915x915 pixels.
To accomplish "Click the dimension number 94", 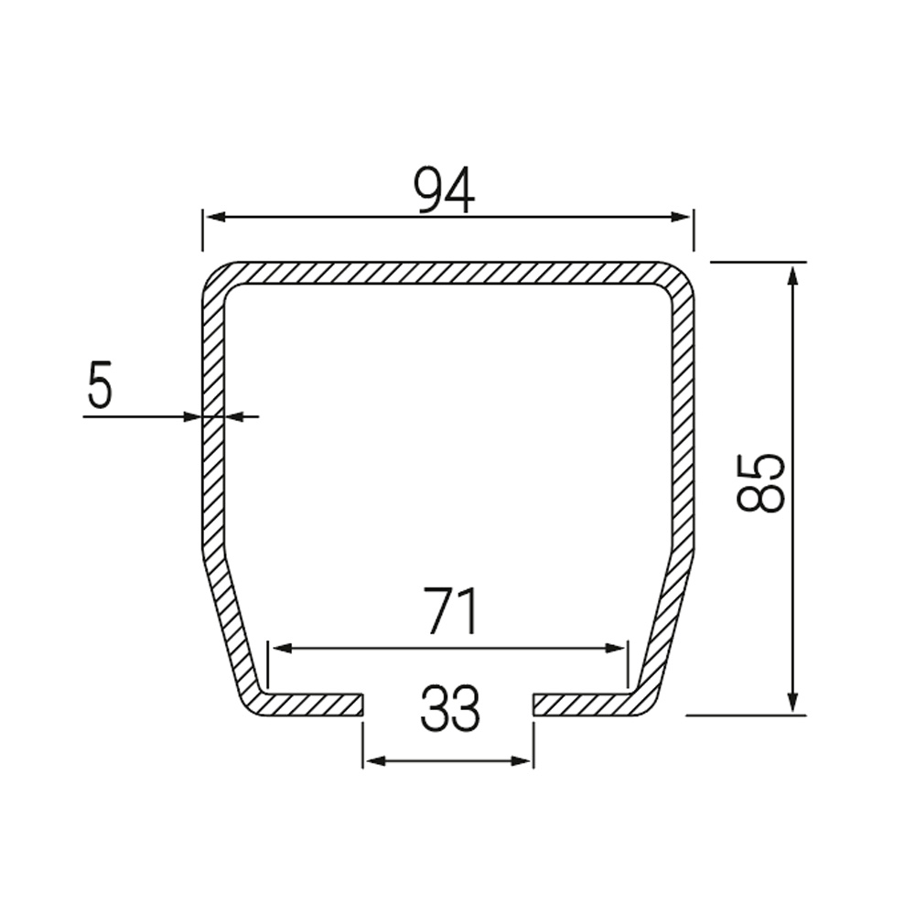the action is point(445,190).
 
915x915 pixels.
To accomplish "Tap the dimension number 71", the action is point(452,611).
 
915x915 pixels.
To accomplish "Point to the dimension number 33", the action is point(450,708).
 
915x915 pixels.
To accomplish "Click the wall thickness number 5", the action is point(99,384).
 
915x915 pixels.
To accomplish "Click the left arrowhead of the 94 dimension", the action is point(217,217).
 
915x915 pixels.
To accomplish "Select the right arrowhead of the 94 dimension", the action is point(681,217).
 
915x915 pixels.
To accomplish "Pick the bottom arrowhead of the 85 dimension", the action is point(791,701).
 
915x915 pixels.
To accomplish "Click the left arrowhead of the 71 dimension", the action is point(282,649).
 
